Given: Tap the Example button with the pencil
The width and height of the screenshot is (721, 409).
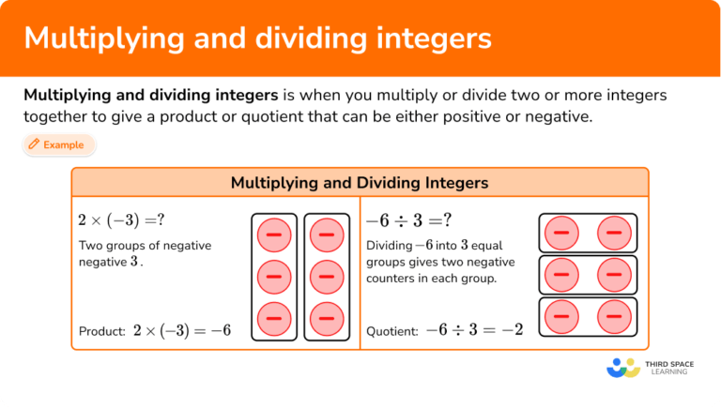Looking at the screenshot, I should (x=58, y=145).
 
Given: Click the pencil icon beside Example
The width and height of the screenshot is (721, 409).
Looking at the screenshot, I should (x=34, y=145).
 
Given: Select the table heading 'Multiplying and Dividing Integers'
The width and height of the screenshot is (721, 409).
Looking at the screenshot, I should (x=360, y=182).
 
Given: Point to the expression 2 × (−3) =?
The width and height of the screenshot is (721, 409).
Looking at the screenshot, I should (x=122, y=220).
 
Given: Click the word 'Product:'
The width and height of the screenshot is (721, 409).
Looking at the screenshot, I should (x=102, y=331).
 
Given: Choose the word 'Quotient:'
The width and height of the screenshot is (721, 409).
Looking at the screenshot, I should (x=392, y=331).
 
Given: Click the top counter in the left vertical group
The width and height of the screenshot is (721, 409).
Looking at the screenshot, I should (x=274, y=235).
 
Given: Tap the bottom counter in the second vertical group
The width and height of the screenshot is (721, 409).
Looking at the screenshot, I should (x=326, y=319).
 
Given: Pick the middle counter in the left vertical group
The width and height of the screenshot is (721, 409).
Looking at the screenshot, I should (x=274, y=277).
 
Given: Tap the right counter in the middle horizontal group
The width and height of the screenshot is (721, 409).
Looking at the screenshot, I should (x=615, y=275).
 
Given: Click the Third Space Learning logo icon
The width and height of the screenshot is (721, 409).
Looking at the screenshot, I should (x=622, y=367).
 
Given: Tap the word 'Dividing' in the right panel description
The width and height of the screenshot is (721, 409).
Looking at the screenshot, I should (x=389, y=246).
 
